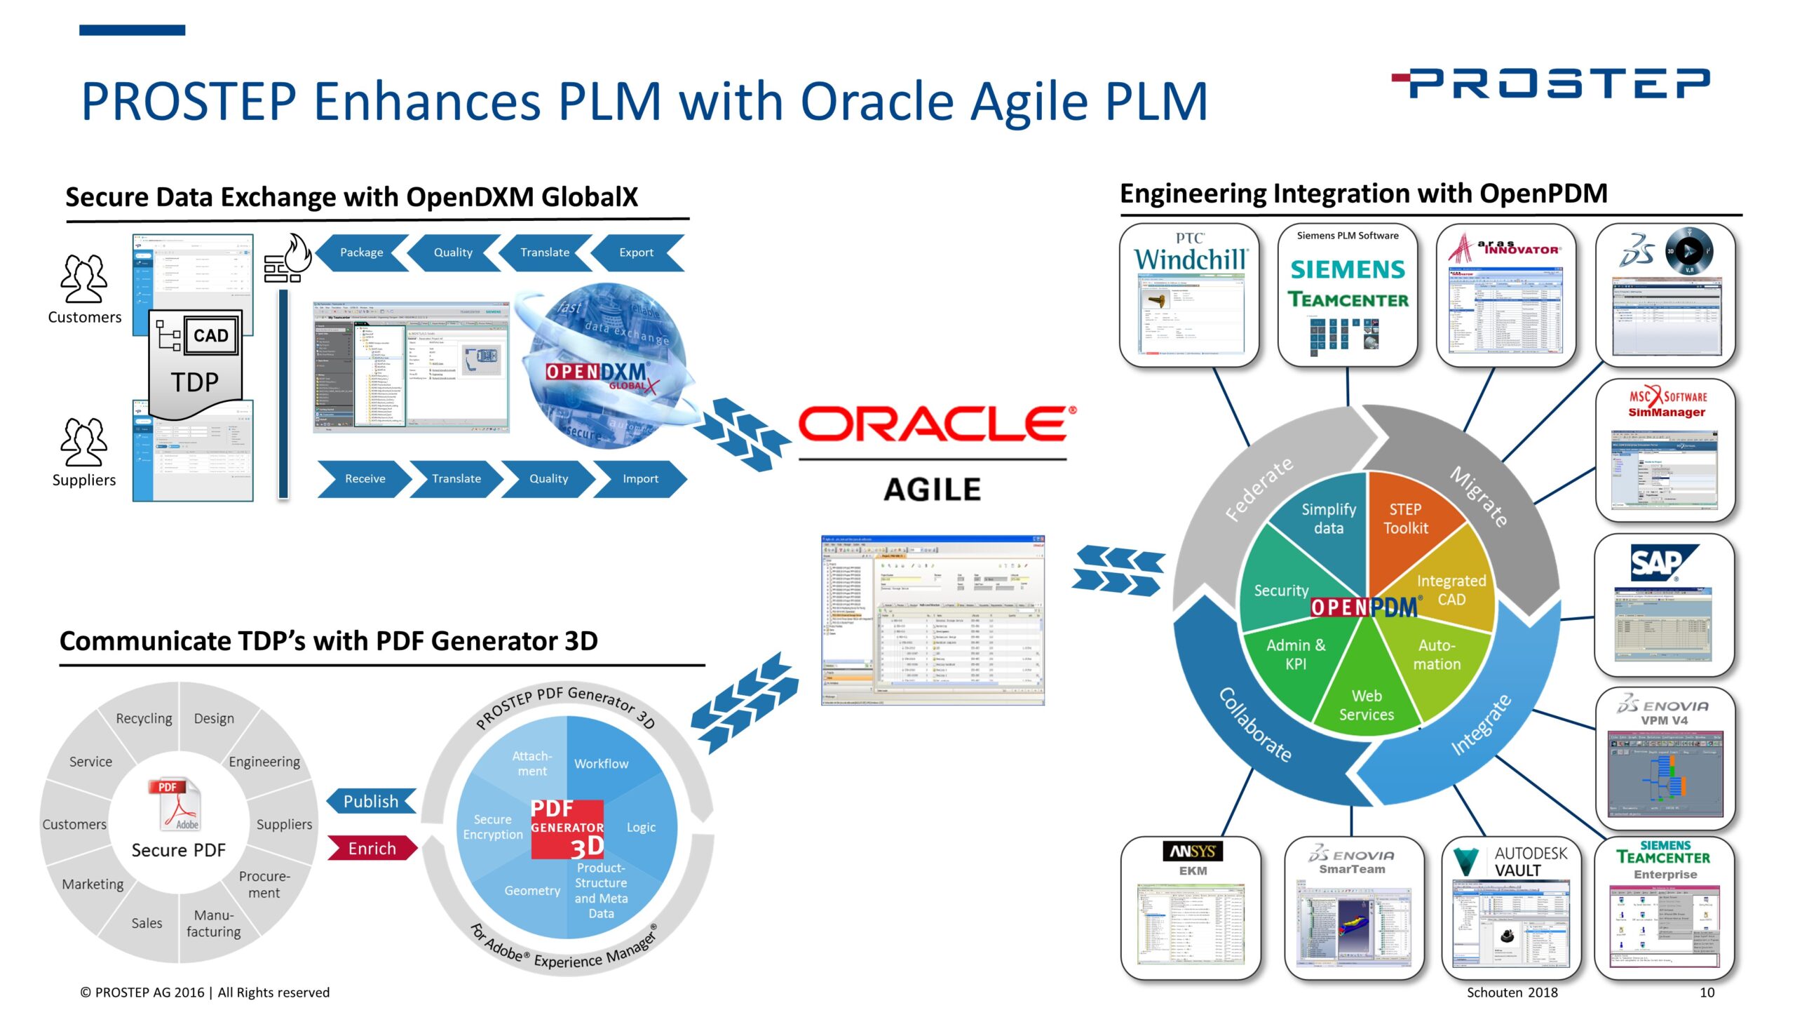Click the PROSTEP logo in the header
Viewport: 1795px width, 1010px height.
[x=1551, y=83]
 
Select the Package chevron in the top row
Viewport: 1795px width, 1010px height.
[x=361, y=252]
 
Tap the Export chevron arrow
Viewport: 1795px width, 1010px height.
[x=636, y=252]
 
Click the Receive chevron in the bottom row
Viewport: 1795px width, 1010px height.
[x=365, y=479]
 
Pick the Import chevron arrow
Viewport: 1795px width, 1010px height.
[x=640, y=479]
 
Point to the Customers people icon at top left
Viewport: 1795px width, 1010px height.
[x=84, y=279]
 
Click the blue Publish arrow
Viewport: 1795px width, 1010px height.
[x=371, y=802]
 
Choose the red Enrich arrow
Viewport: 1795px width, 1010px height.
[x=372, y=849]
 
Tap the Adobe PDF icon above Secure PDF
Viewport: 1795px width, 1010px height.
[x=175, y=805]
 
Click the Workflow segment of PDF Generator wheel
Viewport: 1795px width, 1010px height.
[x=601, y=764]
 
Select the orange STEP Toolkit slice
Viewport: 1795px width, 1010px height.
[x=1405, y=519]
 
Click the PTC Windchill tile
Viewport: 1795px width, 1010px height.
[x=1189, y=295]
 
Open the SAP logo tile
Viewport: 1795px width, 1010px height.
[x=1664, y=605]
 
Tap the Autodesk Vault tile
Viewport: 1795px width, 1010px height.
[x=1511, y=908]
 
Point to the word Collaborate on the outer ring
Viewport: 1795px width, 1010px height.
[x=1255, y=725]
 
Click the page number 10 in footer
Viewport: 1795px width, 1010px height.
[x=1707, y=992]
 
